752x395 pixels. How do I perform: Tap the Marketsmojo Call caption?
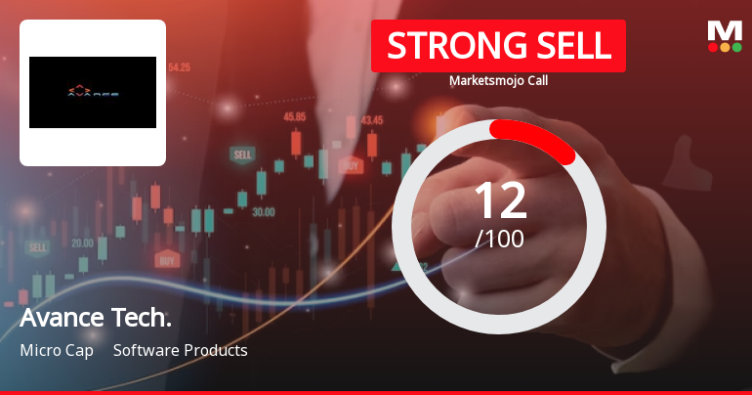click(x=498, y=81)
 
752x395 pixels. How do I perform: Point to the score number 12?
click(x=499, y=199)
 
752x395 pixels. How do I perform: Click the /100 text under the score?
click(x=499, y=238)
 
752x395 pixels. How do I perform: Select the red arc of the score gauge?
click(x=535, y=138)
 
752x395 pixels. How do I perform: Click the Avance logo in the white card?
click(x=93, y=93)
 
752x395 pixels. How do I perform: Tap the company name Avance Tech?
click(x=96, y=320)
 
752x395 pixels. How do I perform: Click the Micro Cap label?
click(x=57, y=350)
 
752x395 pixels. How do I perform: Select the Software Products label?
click(x=181, y=350)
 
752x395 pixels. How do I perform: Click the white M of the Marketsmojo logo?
click(x=724, y=31)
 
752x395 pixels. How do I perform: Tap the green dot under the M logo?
click(x=736, y=47)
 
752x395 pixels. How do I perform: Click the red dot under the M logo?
click(x=712, y=47)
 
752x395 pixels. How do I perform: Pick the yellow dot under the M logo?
click(x=725, y=47)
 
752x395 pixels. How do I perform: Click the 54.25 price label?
click(x=179, y=68)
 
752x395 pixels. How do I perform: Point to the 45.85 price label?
click(x=294, y=116)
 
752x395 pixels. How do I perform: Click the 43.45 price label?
click(x=371, y=120)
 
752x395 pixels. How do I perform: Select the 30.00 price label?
click(x=263, y=211)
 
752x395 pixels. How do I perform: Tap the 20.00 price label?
click(x=82, y=242)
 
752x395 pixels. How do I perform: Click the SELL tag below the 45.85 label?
click(x=241, y=154)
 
